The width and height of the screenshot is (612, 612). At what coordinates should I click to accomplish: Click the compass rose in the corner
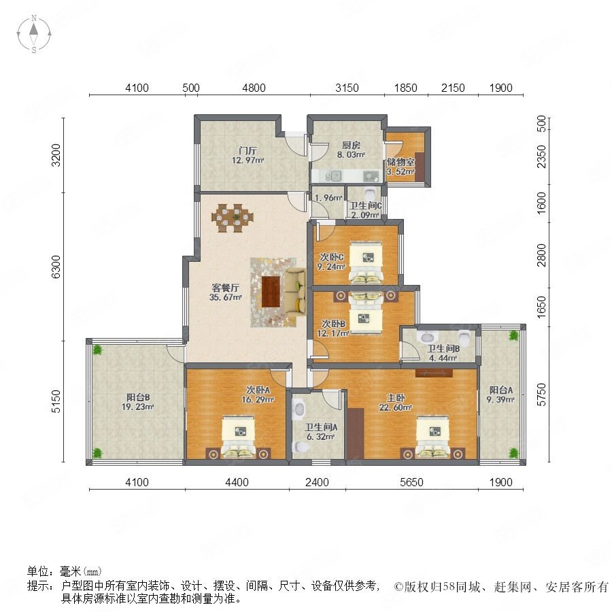click(x=34, y=34)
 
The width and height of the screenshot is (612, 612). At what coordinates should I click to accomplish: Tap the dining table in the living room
click(x=233, y=218)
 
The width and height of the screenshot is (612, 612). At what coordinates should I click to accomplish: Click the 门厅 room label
click(x=248, y=150)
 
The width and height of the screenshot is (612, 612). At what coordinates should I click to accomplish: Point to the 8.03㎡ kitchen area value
click(x=351, y=154)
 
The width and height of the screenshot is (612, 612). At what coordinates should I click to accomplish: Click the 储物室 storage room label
click(x=401, y=162)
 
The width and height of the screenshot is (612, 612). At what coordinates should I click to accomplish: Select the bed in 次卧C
click(x=366, y=262)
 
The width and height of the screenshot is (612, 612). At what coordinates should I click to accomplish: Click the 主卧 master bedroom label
click(x=395, y=398)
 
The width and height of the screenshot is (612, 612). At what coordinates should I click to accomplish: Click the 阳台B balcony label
click(x=138, y=397)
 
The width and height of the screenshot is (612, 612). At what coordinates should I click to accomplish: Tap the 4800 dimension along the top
click(x=254, y=88)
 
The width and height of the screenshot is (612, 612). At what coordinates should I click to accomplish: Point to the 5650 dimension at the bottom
click(x=411, y=482)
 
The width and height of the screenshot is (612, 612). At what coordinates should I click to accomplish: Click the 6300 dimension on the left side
click(x=56, y=267)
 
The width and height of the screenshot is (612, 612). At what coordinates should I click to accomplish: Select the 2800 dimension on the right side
click(x=541, y=255)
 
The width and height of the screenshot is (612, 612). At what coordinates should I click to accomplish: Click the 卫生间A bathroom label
click(x=321, y=428)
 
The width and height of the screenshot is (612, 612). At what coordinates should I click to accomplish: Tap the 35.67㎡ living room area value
click(x=226, y=297)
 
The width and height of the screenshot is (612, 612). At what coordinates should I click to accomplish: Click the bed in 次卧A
click(x=239, y=437)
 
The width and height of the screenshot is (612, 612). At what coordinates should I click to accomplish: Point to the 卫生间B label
click(x=443, y=349)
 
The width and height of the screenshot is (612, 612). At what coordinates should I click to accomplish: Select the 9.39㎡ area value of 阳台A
click(x=500, y=399)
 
